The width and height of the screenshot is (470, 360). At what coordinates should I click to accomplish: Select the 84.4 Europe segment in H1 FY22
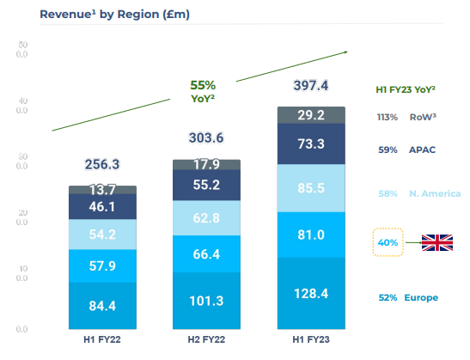click(102, 306)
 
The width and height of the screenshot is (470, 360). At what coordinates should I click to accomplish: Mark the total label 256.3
click(102, 164)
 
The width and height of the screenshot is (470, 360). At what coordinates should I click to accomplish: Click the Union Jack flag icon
click(436, 243)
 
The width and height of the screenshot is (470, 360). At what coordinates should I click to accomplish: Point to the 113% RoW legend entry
click(406, 118)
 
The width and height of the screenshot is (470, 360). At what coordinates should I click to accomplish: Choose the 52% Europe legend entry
click(407, 297)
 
